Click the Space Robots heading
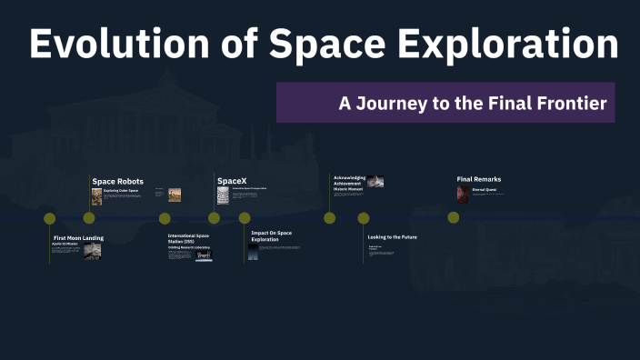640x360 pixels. [x=117, y=182]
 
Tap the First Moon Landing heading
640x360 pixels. [x=78, y=237]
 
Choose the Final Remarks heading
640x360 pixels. [x=478, y=179]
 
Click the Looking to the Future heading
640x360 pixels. [x=392, y=236]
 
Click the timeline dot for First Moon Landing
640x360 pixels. [x=50, y=218]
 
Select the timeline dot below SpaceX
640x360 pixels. [x=214, y=218]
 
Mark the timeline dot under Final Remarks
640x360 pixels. [x=453, y=218]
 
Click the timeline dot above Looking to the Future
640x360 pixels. [x=364, y=218]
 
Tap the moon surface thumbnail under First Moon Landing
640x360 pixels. [x=93, y=252]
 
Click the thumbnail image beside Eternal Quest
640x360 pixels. [x=463, y=195]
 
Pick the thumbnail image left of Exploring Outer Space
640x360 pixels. [x=96, y=196]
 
